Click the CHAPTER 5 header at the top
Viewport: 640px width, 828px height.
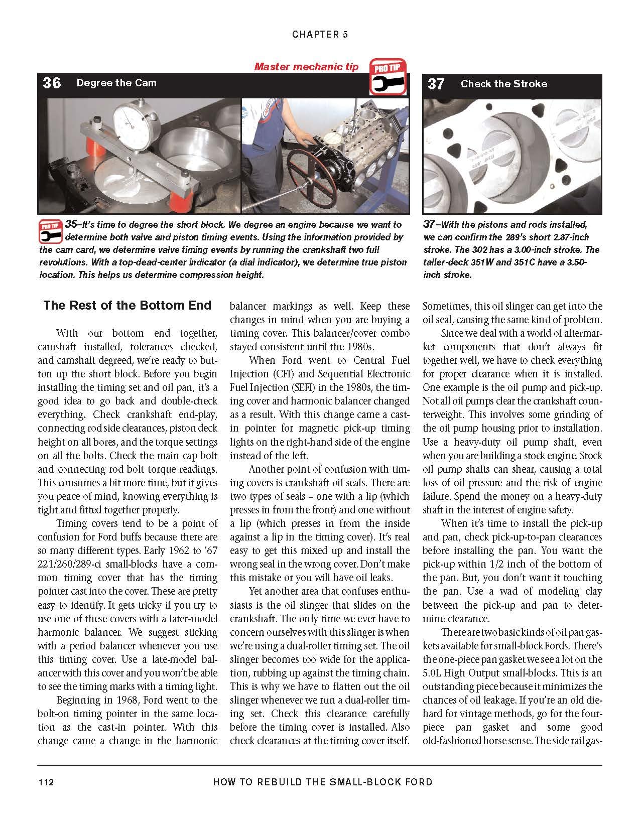tap(320, 34)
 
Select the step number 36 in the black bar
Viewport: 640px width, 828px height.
tap(52, 83)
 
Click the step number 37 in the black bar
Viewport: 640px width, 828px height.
tap(436, 84)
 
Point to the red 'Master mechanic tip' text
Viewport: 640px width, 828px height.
tap(306, 66)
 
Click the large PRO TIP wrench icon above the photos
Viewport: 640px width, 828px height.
tap(388, 77)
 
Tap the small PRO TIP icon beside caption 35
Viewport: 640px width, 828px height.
tap(50, 231)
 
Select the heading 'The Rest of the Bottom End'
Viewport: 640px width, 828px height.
tap(127, 306)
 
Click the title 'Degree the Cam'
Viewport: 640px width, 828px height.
tap(116, 83)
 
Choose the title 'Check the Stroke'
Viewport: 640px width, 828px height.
tap(503, 84)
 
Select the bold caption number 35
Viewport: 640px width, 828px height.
tap(73, 224)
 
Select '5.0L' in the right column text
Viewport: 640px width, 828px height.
tap(434, 673)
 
